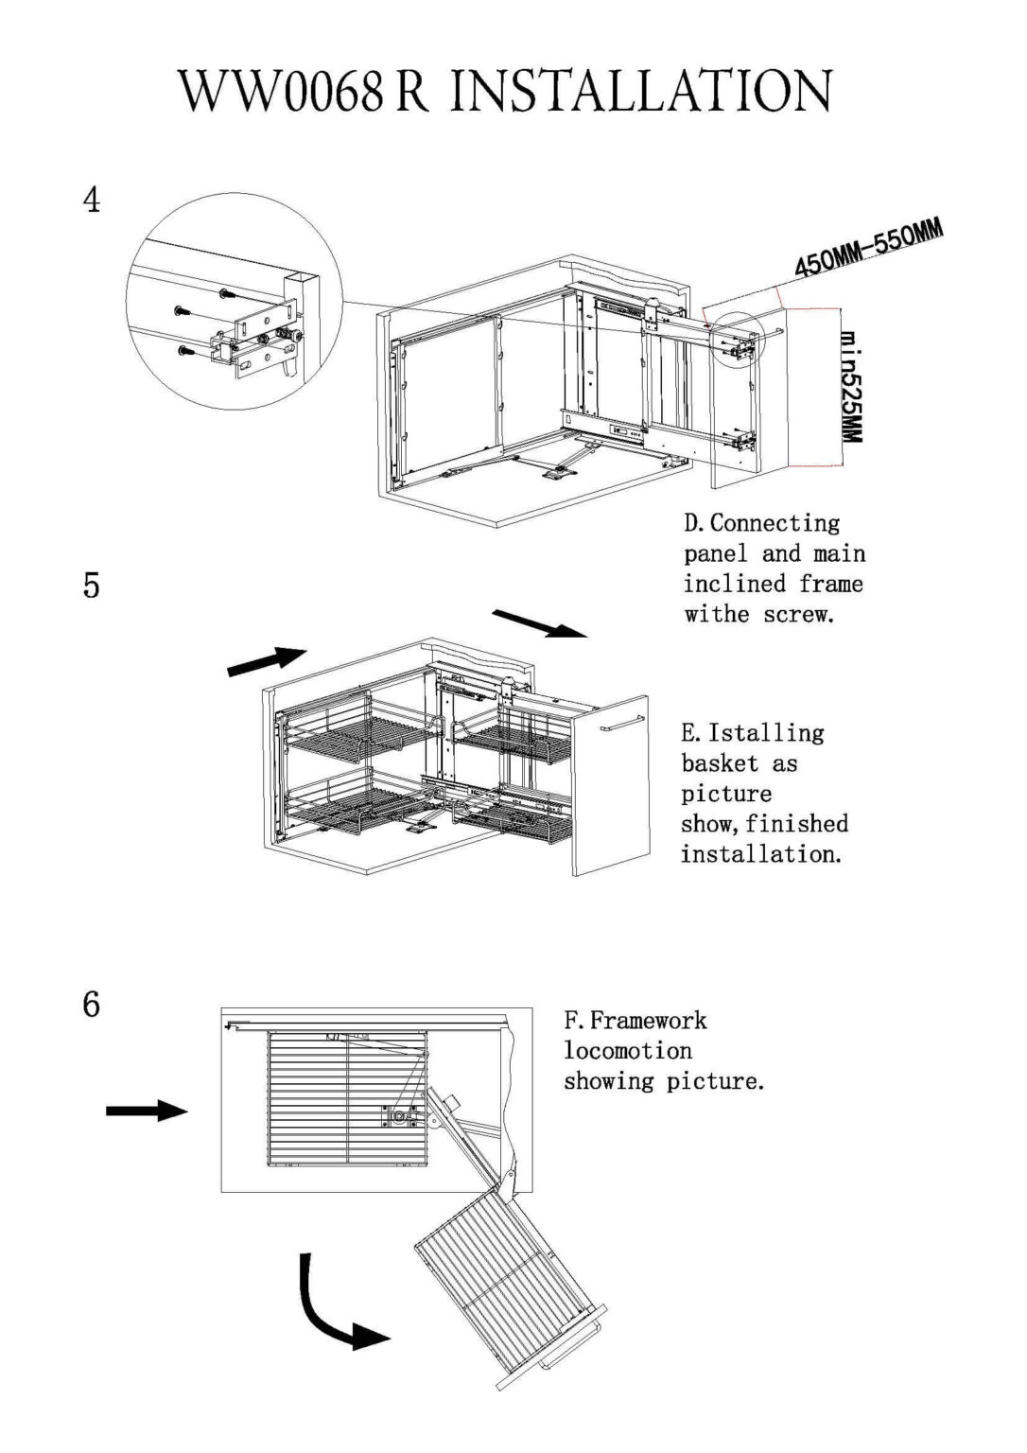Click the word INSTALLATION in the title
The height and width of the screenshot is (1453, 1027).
(x=641, y=92)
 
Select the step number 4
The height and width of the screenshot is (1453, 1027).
(x=92, y=201)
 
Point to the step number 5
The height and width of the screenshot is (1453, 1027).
(x=92, y=586)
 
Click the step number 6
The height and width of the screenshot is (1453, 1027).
(x=92, y=1004)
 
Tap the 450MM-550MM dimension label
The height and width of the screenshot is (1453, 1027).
(x=868, y=249)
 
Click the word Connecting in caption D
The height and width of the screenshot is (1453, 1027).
(x=775, y=523)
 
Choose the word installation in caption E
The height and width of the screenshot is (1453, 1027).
(x=760, y=854)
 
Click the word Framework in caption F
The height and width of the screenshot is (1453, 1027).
(x=649, y=1021)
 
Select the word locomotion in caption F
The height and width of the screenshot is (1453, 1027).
(x=628, y=1051)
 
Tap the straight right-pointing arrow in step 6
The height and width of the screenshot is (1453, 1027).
(x=147, y=1111)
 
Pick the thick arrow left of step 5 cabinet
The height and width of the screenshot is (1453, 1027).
(x=268, y=660)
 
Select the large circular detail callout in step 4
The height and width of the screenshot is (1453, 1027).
(x=233, y=301)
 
